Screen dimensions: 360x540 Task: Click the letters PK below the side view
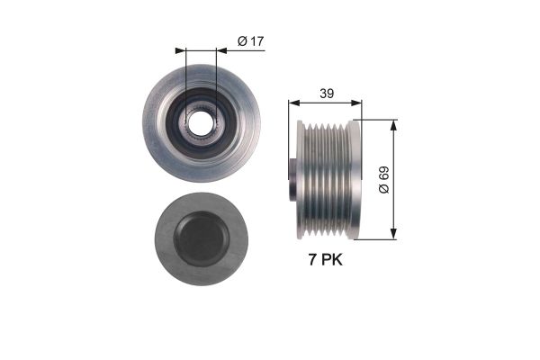(331, 261)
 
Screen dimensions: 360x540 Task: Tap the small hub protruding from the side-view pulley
(292, 179)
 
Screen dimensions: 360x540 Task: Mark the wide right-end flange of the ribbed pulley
(354, 179)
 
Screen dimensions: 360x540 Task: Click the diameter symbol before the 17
(240, 40)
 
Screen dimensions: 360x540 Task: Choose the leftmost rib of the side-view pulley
(303, 179)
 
